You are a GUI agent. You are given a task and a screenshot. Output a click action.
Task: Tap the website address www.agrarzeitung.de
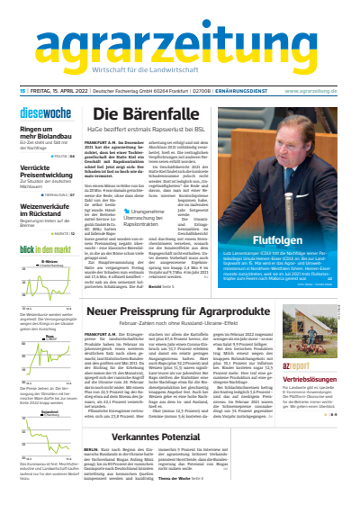(x=316, y=90)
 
